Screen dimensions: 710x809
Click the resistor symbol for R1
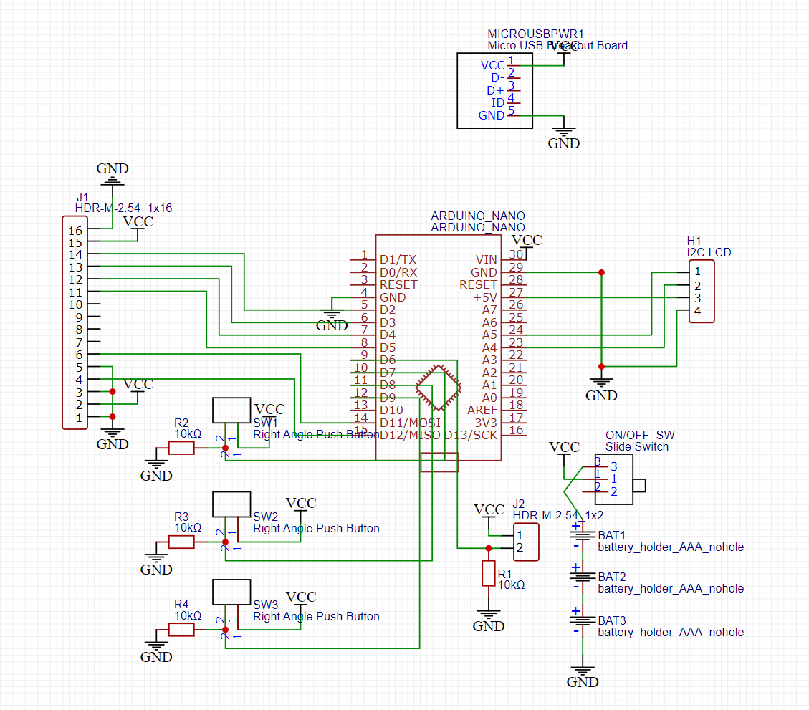(489, 574)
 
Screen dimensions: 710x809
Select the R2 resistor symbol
(181, 448)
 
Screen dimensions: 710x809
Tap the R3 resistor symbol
(181, 542)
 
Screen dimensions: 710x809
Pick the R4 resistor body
(181, 630)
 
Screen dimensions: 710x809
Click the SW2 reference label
(265, 516)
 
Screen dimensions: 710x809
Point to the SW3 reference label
(265, 604)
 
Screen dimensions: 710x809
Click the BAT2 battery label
(612, 577)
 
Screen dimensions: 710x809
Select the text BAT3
(612, 620)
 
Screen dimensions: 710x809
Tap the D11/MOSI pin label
(410, 423)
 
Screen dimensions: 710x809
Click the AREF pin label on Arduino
(482, 410)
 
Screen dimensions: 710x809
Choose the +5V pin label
(485, 297)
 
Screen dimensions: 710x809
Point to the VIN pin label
(486, 259)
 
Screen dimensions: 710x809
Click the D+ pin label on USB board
(495, 91)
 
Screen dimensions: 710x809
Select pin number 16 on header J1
(75, 231)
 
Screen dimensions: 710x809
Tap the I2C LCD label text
(709, 252)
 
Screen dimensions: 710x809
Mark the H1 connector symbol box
(702, 292)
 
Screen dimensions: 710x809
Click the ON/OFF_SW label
(640, 435)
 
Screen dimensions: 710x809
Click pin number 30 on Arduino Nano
(516, 254)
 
